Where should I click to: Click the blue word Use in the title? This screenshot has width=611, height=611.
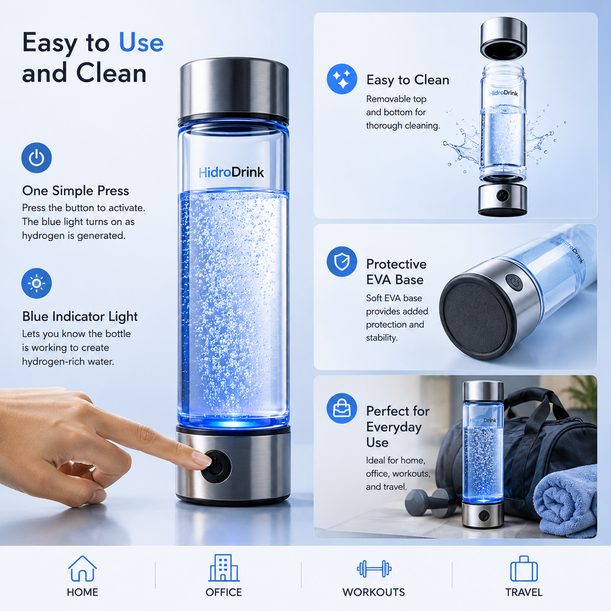click(141, 43)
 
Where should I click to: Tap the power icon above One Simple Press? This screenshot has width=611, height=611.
click(36, 158)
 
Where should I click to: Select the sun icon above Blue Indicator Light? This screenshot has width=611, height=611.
click(36, 283)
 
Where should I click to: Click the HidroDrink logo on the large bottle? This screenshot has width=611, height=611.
click(231, 172)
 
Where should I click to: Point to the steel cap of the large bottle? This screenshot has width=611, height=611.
click(234, 90)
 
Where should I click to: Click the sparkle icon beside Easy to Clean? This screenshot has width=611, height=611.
click(341, 79)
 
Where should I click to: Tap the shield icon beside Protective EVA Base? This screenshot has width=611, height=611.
click(341, 261)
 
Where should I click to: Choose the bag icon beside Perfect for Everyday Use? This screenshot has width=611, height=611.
click(341, 409)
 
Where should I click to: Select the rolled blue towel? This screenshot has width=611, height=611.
click(565, 500)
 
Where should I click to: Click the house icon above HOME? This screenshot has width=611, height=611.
click(82, 568)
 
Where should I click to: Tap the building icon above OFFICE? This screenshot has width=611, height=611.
click(223, 568)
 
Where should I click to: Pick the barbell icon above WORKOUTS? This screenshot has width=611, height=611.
click(373, 569)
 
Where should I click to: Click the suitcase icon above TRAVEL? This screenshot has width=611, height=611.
click(523, 569)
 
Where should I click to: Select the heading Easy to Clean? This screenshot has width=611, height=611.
click(407, 80)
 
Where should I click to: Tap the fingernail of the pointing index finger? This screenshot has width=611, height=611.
click(202, 460)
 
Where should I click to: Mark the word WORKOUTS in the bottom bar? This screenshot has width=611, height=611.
click(373, 592)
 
